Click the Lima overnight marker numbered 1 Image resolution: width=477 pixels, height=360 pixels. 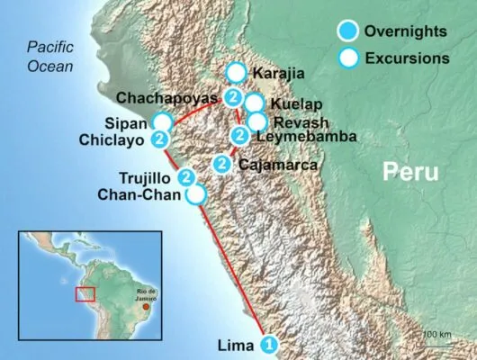268,344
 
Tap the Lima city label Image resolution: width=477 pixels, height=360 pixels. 237,344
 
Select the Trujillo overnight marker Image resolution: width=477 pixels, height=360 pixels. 186,176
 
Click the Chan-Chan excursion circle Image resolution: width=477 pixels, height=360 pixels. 195,193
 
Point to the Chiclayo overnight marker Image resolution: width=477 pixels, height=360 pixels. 159,139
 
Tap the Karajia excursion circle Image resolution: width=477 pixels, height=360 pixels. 236,72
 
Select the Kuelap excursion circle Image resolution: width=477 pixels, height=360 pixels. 254,103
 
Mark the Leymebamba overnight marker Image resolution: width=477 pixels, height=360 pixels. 239,136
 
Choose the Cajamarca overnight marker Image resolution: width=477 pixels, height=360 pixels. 221,163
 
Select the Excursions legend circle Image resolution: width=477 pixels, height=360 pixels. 346,58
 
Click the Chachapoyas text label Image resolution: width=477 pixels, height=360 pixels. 168,96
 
